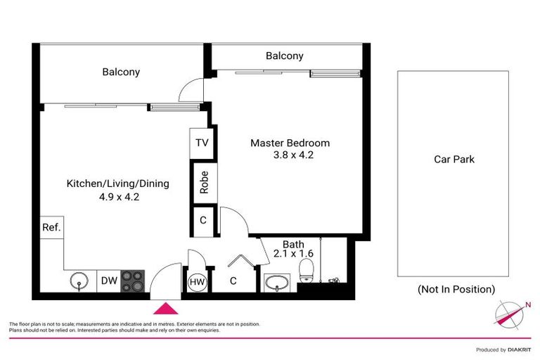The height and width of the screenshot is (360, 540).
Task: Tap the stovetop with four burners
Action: point(132,281)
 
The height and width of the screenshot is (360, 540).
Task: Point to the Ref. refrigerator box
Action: point(51,228)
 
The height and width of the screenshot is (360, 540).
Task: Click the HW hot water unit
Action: point(196,283)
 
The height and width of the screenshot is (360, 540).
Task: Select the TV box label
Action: point(202,143)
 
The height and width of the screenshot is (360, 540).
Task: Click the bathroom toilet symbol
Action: point(306,271)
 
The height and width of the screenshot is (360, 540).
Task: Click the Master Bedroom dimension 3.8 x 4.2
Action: point(290,155)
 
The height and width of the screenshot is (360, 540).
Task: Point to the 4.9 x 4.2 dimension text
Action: point(120,197)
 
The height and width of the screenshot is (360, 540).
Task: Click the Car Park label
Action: point(454,160)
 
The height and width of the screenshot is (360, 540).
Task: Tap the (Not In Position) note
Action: point(456,289)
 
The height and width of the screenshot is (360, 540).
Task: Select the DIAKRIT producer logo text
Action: point(520,349)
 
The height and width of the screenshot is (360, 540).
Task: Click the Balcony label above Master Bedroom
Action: point(284,56)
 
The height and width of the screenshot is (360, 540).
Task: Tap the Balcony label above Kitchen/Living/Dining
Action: point(121,72)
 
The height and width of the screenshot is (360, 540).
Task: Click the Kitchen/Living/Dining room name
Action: point(117,184)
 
